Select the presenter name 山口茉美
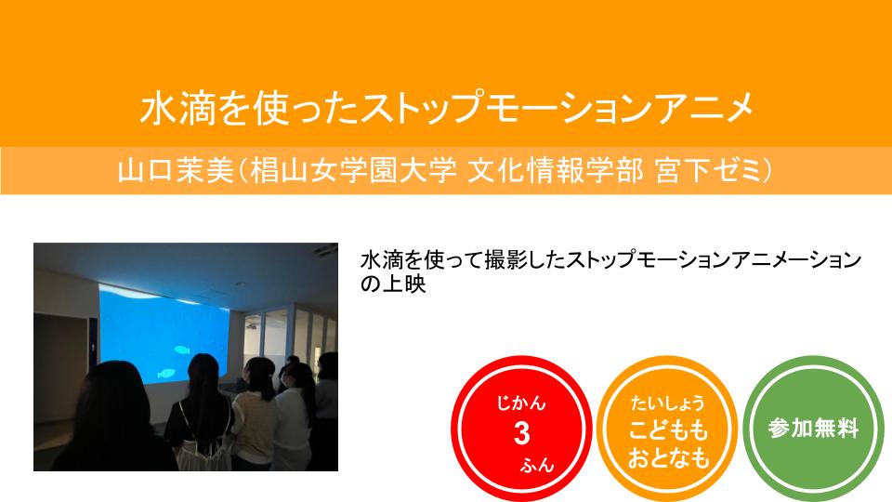176,170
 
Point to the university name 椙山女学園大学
353,170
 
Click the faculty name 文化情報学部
556,170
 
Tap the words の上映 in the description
393,284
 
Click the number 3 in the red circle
521,434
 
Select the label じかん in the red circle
521,403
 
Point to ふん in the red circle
537,465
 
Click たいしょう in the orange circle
667,403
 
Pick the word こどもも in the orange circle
668,430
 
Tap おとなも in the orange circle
668,457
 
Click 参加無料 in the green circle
814,428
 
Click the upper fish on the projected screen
182,350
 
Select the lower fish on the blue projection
166,374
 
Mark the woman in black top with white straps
201,413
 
